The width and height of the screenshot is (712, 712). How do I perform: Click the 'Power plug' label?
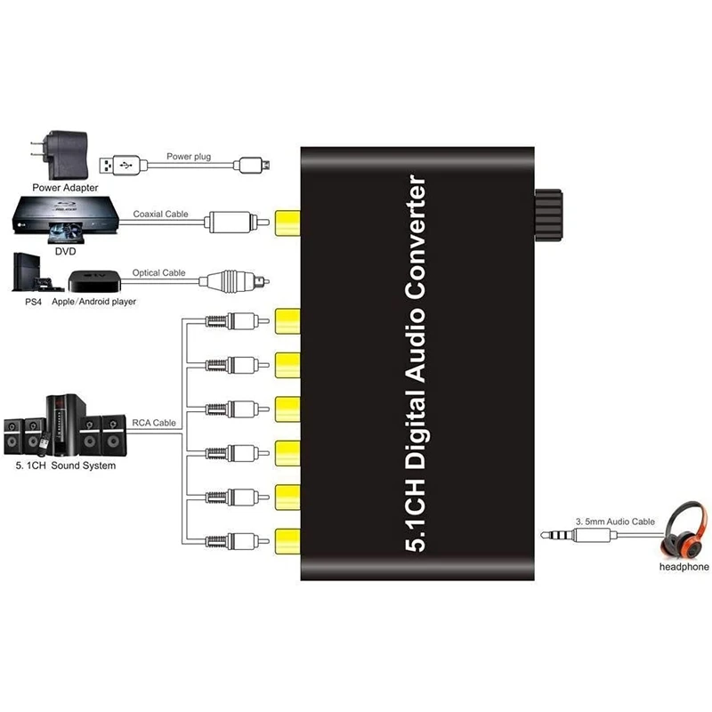(x=189, y=157)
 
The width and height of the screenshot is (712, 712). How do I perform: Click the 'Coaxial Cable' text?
(x=159, y=214)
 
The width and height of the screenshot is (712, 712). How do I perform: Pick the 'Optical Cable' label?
(x=159, y=272)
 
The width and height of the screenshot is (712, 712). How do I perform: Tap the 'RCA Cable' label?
(x=154, y=424)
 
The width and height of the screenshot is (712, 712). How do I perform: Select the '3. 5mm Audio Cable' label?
(x=614, y=522)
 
